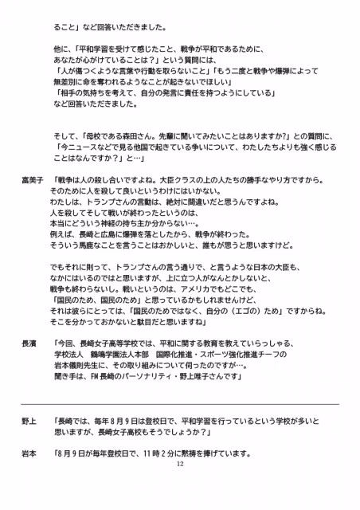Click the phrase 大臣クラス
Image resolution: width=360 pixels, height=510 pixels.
tap(189, 182)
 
